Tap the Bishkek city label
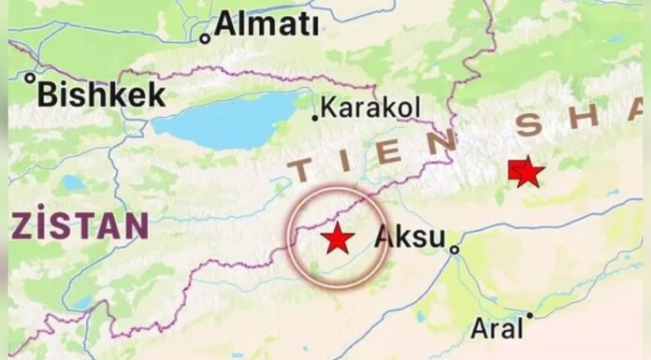click(x=102, y=94)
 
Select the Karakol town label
click(x=370, y=108)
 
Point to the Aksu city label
click(x=410, y=237)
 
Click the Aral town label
click(x=498, y=328)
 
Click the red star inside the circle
click(x=337, y=238)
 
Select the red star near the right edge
click(x=527, y=172)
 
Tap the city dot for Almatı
click(x=205, y=38)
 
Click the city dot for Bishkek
click(x=31, y=79)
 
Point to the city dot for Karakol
click(x=315, y=117)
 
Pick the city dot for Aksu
click(x=454, y=250)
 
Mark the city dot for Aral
click(x=528, y=315)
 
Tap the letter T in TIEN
click(x=302, y=171)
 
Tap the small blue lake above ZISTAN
click(x=72, y=183)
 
